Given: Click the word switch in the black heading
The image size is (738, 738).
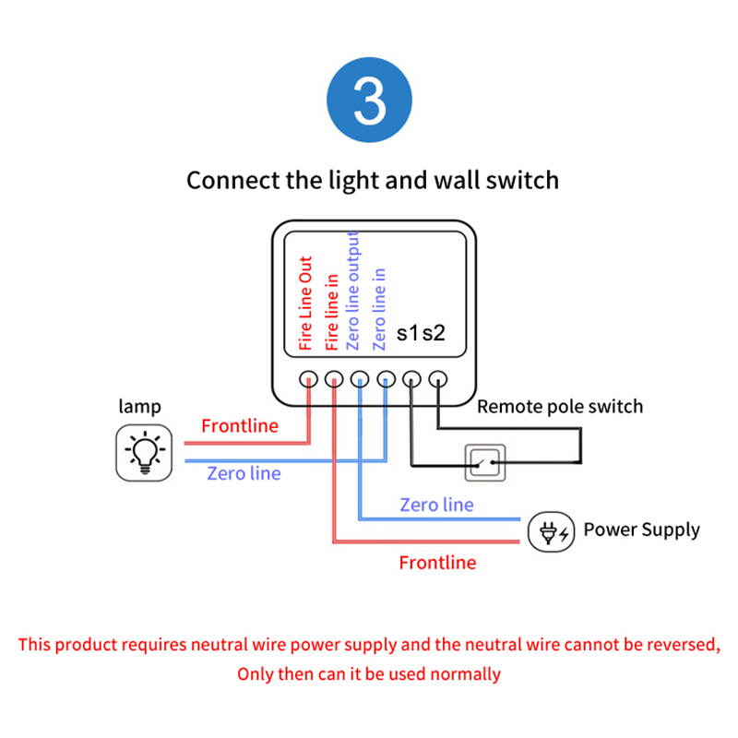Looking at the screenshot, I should coord(521,179).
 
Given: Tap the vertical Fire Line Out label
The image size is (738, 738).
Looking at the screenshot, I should coord(306,304).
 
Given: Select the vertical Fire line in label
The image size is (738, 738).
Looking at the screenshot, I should coord(332,311).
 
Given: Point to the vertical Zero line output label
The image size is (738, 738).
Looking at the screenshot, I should coord(354,290).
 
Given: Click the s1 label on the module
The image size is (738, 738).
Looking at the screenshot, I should coord(409,333).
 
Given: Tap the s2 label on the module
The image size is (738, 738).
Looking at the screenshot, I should coord(434,333).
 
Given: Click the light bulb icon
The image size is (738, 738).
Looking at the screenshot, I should coord(143,452).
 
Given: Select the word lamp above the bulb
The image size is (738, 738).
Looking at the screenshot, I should coord(139,406).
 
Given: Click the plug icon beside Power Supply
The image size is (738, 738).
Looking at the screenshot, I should coord(552,531).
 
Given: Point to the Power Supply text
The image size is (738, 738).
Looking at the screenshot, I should coord(641,530).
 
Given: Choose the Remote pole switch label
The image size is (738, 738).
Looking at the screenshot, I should coord(559,406).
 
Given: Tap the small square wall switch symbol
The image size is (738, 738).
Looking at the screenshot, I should coord(484,461).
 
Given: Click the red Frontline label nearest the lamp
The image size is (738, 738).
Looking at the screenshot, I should coord(239,425).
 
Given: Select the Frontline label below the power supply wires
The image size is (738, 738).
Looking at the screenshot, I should coord(437,562).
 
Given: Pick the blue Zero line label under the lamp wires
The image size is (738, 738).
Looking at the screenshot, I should coord(244,473).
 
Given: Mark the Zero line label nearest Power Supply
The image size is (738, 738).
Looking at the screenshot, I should coord(436,505).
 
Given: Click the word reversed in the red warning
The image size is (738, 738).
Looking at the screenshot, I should coord(677,644).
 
